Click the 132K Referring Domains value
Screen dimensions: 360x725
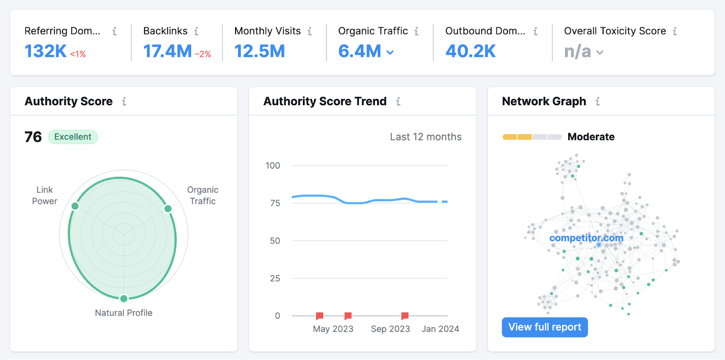[45, 51]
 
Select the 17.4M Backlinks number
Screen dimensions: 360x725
[167, 51]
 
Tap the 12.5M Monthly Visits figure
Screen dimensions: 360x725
[259, 51]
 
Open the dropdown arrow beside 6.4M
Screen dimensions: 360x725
[390, 53]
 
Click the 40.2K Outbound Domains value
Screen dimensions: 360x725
[470, 51]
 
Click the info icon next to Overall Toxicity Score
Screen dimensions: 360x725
[675, 31]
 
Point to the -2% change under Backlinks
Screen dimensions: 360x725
[203, 54]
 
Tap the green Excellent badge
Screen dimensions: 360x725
[72, 137]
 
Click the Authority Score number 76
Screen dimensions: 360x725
[33, 137]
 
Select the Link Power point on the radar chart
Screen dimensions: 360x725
[75, 206]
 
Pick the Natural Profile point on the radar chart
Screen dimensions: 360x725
[124, 298]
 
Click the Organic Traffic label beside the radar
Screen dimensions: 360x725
[203, 195]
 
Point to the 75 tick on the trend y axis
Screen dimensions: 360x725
[275, 203]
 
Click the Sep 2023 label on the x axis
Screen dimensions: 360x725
[390, 329]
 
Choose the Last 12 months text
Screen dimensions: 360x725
[425, 137]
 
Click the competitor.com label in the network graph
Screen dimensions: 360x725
[586, 238]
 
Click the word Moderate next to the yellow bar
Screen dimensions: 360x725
[591, 137]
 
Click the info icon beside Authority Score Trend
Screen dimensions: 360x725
[398, 102]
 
